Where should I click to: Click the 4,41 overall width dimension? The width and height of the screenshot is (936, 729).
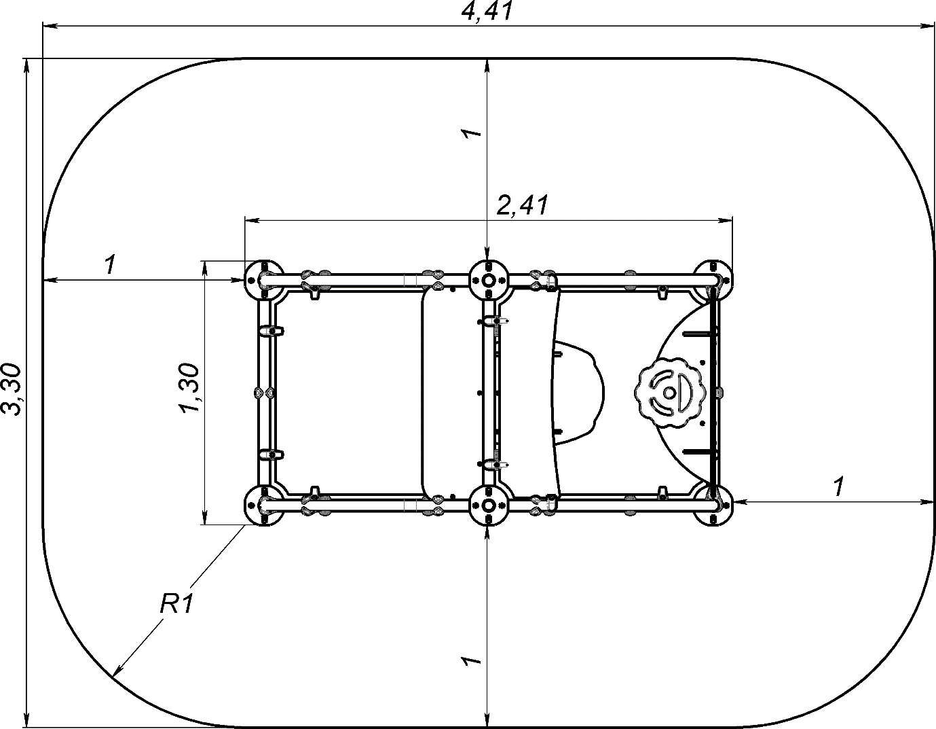pyautogui.click(x=487, y=12)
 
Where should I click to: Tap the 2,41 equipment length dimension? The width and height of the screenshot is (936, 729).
pyautogui.click(x=523, y=205)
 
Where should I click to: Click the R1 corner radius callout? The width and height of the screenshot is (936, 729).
pyautogui.click(x=176, y=604)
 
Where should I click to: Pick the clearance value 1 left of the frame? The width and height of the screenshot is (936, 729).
pyautogui.click(x=111, y=264)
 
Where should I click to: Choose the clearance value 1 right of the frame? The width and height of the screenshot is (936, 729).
pyautogui.click(x=838, y=487)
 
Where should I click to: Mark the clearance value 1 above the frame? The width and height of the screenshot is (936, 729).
pyautogui.click(x=471, y=132)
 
